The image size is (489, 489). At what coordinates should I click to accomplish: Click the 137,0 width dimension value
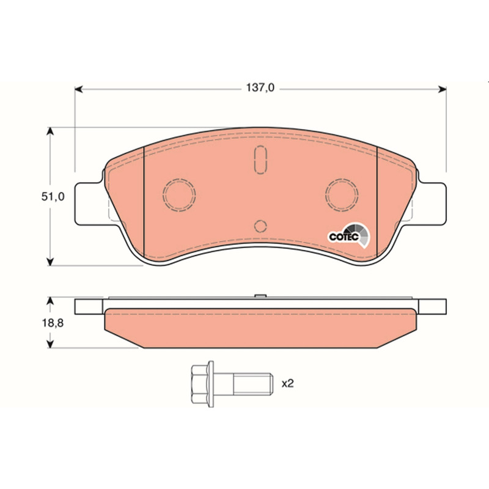click(260, 88)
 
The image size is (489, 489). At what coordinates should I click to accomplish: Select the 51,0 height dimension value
click(53, 197)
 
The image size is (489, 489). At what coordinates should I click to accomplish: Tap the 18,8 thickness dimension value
click(53, 323)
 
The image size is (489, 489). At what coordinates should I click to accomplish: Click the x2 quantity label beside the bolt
click(287, 384)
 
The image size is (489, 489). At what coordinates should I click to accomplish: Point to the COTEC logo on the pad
click(348, 236)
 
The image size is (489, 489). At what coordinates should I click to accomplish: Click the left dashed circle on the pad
click(179, 194)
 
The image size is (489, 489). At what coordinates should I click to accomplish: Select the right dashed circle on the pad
click(342, 194)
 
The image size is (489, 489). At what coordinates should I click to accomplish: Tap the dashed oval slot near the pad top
click(260, 160)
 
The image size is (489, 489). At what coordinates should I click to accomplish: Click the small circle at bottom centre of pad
click(260, 226)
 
